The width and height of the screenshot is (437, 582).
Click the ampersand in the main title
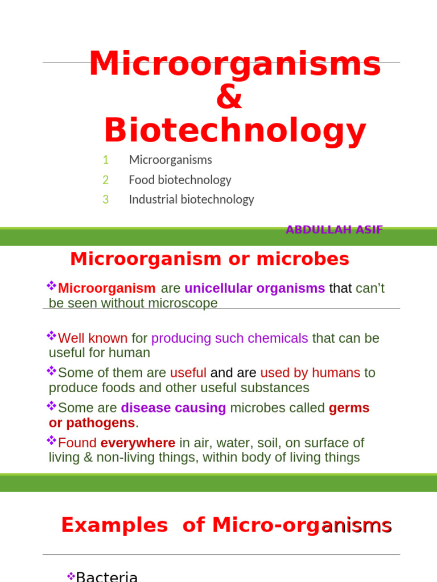pos(229,98)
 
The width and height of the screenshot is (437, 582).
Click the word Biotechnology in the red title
pos(234,131)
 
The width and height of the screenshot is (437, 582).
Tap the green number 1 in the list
pos(106,160)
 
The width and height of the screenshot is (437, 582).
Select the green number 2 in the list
pos(106,180)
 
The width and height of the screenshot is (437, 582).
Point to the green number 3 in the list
pos(106,199)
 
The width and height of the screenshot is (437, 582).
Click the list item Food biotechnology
pos(180,180)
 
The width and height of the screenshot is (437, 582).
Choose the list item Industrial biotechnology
pos(191,199)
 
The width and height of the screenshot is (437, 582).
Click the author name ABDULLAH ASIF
pos(334,230)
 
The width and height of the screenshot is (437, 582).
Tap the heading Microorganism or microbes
pos(209,259)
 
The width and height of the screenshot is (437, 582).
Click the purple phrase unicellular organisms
pos(254,288)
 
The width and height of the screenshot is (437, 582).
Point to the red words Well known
pos(93,338)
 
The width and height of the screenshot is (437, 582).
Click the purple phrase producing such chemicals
pos(229,338)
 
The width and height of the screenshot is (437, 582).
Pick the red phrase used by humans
pos(310,373)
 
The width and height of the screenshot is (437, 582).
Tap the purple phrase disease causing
pos(173,408)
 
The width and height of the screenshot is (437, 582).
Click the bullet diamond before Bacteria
pos(71,576)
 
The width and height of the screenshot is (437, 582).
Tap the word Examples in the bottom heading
pos(114,526)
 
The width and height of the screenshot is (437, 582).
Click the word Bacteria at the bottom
pos(107,577)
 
